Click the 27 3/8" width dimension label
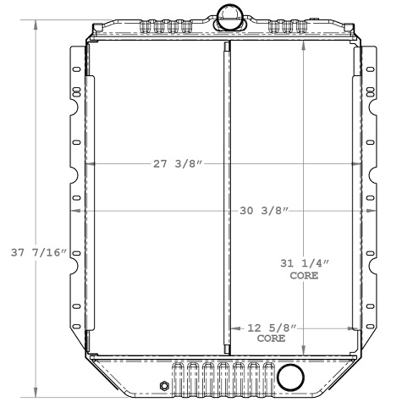click(179, 163)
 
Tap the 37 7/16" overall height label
click(36, 253)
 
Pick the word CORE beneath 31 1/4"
click(304, 277)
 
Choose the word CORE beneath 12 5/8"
click(271, 338)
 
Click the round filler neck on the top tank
click(229, 14)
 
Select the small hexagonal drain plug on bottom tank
click(163, 386)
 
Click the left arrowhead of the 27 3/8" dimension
click(88, 163)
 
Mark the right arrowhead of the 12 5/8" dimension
click(357, 328)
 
